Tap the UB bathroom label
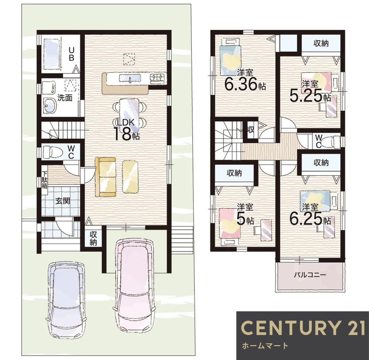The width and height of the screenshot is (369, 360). [x=72, y=54]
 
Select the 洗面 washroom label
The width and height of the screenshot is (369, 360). [x=65, y=98]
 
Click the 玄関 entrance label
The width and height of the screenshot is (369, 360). [x=63, y=201]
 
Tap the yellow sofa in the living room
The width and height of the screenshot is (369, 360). [x=106, y=176]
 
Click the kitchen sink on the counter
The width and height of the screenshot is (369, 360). [x=130, y=78]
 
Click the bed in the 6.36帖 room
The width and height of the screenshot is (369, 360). [x=231, y=57]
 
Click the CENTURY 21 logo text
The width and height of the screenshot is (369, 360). [x=303, y=327]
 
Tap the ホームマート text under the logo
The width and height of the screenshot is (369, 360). [x=265, y=346]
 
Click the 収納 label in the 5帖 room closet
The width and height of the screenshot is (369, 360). [x=234, y=173]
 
